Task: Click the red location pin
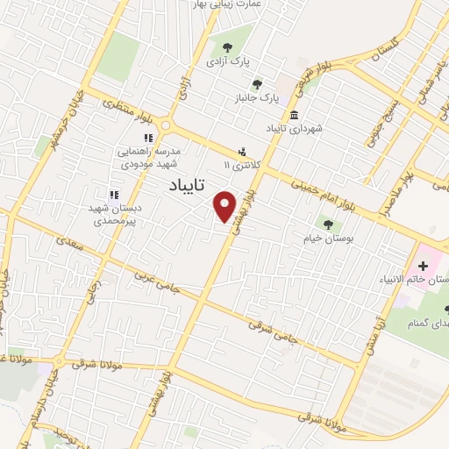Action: pos(225,205)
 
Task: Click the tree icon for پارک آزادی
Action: pos(228,48)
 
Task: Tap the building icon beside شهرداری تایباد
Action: pos(293,116)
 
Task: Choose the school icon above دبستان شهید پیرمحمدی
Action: pos(113,195)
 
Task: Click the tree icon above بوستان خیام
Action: pos(329,224)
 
